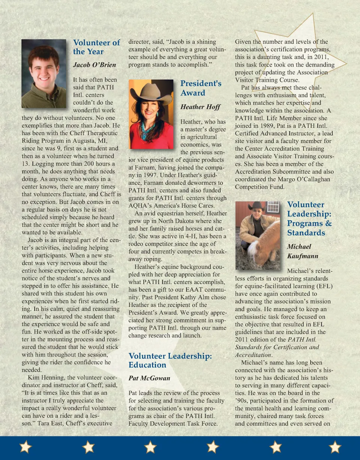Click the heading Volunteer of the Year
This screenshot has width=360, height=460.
(x=96, y=47)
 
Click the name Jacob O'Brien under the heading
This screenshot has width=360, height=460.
(x=94, y=64)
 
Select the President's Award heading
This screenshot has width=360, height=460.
(x=201, y=88)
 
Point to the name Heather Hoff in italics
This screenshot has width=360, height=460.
(x=200, y=107)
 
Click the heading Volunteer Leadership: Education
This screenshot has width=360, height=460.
(x=170, y=360)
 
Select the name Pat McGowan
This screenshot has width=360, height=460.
(x=149, y=378)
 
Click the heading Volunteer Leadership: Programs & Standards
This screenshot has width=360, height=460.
(x=309, y=218)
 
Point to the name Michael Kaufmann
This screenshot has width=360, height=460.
(x=302, y=251)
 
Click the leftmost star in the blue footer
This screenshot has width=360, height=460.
(x=25, y=447)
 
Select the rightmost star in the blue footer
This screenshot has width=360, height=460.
(x=334, y=447)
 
